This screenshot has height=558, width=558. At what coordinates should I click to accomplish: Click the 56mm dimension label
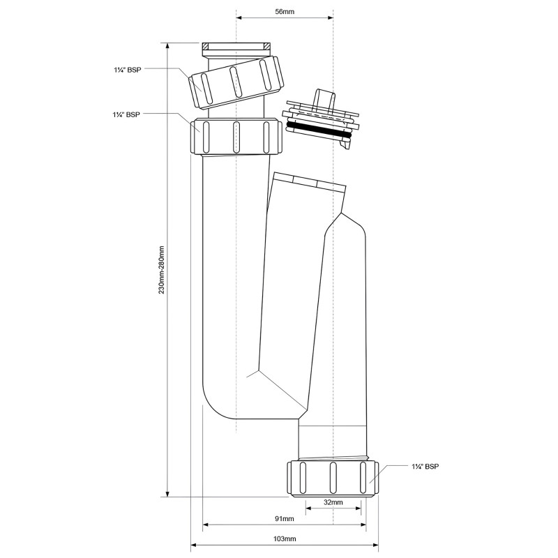[x=285, y=11]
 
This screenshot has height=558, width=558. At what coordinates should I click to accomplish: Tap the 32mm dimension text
[x=333, y=502]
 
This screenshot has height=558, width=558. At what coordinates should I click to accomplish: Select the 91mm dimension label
[x=285, y=518]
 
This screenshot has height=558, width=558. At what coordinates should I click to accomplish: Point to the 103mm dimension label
[x=285, y=538]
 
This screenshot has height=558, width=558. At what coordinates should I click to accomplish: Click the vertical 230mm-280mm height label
[x=162, y=269]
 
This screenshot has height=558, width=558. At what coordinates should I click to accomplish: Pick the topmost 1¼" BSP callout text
[x=128, y=70]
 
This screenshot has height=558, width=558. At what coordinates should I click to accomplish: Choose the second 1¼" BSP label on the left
[x=126, y=114]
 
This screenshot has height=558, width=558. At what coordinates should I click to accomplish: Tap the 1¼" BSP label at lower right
[x=425, y=466]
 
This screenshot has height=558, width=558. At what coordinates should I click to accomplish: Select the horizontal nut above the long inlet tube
[x=236, y=137]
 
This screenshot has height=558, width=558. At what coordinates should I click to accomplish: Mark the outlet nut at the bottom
[x=333, y=478]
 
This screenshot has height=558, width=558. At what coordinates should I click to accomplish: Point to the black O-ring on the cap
[x=320, y=130]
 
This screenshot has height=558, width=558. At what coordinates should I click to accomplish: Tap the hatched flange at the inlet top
[x=236, y=46]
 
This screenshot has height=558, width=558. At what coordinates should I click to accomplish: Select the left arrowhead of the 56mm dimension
[x=239, y=17]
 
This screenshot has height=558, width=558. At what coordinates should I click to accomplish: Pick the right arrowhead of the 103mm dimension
[x=375, y=545]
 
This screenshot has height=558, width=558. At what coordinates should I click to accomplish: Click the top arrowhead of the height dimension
[x=167, y=46]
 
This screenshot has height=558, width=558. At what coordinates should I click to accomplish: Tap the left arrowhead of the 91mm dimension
[x=206, y=525]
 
